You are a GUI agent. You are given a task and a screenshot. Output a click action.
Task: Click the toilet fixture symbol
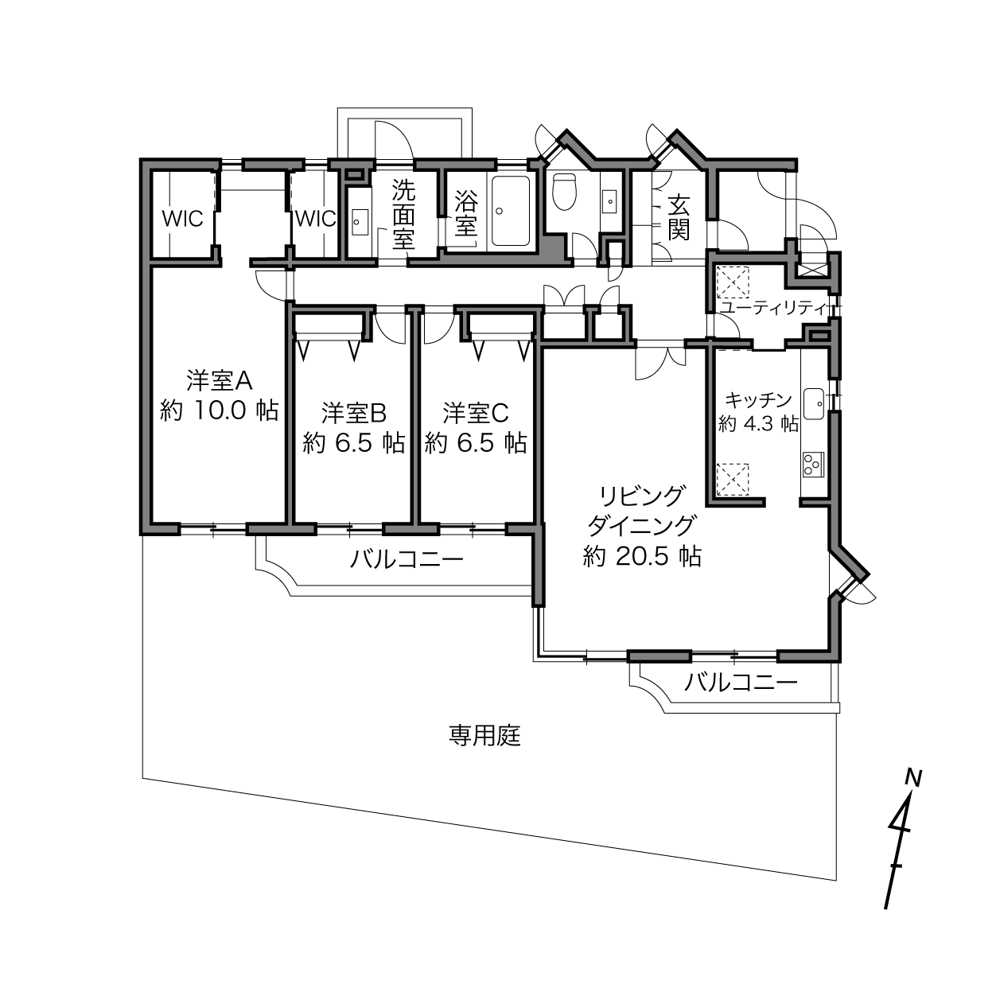click(x=564, y=191)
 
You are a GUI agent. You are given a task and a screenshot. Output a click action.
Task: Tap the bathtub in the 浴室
click(x=510, y=212)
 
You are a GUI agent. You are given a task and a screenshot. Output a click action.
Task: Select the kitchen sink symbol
click(x=814, y=405)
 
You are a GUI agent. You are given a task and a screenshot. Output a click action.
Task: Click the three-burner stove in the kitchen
click(x=813, y=464)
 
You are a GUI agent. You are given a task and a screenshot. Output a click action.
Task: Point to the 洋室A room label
click(x=219, y=381)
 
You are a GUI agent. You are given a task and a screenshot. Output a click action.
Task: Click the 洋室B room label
click(x=354, y=412)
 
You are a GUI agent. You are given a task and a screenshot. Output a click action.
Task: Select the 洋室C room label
click(x=476, y=412)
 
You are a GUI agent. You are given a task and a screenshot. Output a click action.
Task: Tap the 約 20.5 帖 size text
click(x=642, y=557)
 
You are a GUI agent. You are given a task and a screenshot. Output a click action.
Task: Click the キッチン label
click(x=758, y=399)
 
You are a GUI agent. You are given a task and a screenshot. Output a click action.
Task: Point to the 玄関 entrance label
click(x=679, y=218)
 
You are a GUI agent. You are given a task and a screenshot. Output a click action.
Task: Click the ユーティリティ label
click(x=775, y=308)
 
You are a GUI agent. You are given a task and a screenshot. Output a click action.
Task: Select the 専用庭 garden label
click(x=484, y=736)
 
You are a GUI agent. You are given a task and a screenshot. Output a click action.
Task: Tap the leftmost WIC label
click(x=182, y=219)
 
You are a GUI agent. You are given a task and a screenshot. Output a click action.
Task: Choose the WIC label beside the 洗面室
click(x=315, y=219)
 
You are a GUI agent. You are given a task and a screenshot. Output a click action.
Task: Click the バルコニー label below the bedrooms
click(x=407, y=559)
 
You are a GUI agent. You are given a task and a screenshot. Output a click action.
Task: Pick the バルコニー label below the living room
click(x=741, y=683)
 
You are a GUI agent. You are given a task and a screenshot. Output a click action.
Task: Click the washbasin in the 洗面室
click(x=358, y=221)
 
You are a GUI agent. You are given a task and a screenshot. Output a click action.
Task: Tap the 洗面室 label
click(x=403, y=215)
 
